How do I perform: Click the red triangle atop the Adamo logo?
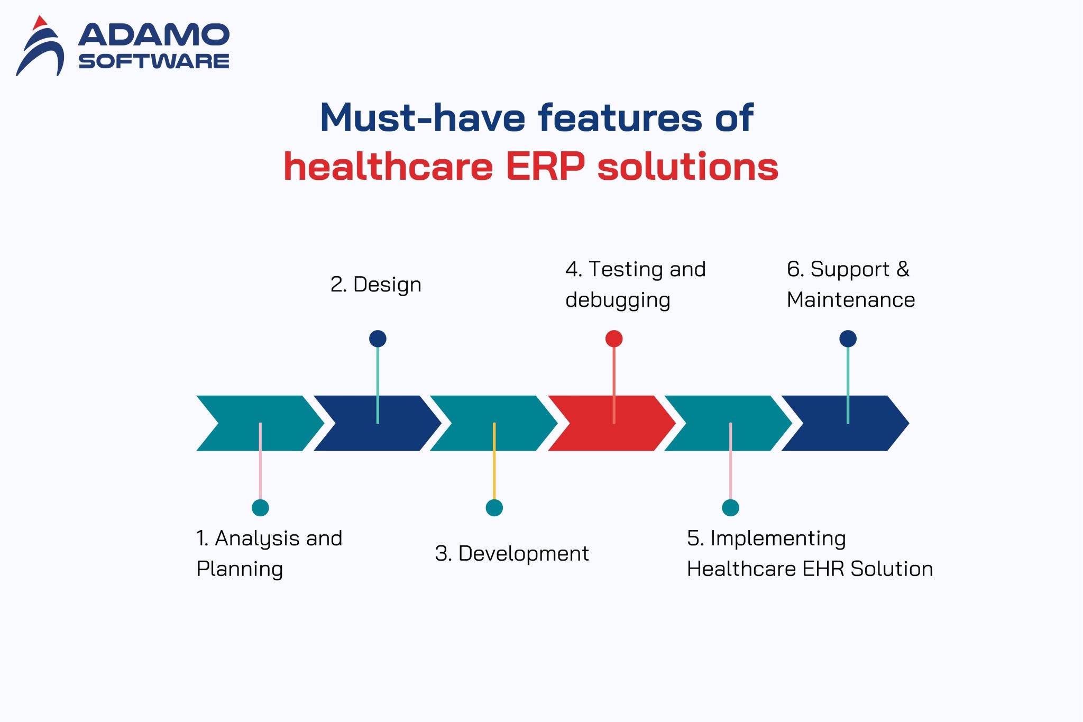pos(40,23)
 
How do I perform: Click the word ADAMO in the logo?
pos(154,35)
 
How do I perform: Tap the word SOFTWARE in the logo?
pos(154,61)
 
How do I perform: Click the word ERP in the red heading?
pos(545,167)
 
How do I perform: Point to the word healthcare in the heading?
pos(388,167)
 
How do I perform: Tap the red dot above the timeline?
pos(614,339)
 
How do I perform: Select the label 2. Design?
pos(376,285)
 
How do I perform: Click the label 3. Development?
pos(511,554)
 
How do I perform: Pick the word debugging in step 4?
pos(618,300)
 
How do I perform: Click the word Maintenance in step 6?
pos(851,300)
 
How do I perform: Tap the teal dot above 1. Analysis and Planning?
pos(260,508)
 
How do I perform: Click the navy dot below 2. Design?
pos(378,339)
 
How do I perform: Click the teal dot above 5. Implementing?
pos(730,508)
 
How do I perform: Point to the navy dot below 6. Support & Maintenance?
pos(848,339)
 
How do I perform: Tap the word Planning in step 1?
pos(240,570)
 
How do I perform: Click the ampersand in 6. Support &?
pos(903,269)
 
